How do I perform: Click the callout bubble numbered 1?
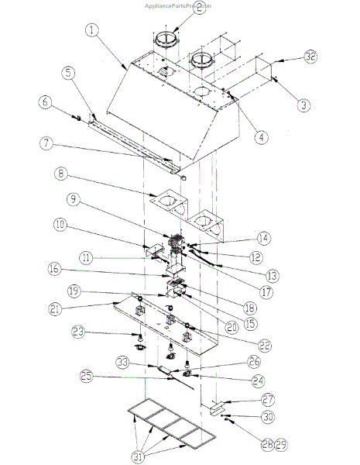point(92,31)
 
